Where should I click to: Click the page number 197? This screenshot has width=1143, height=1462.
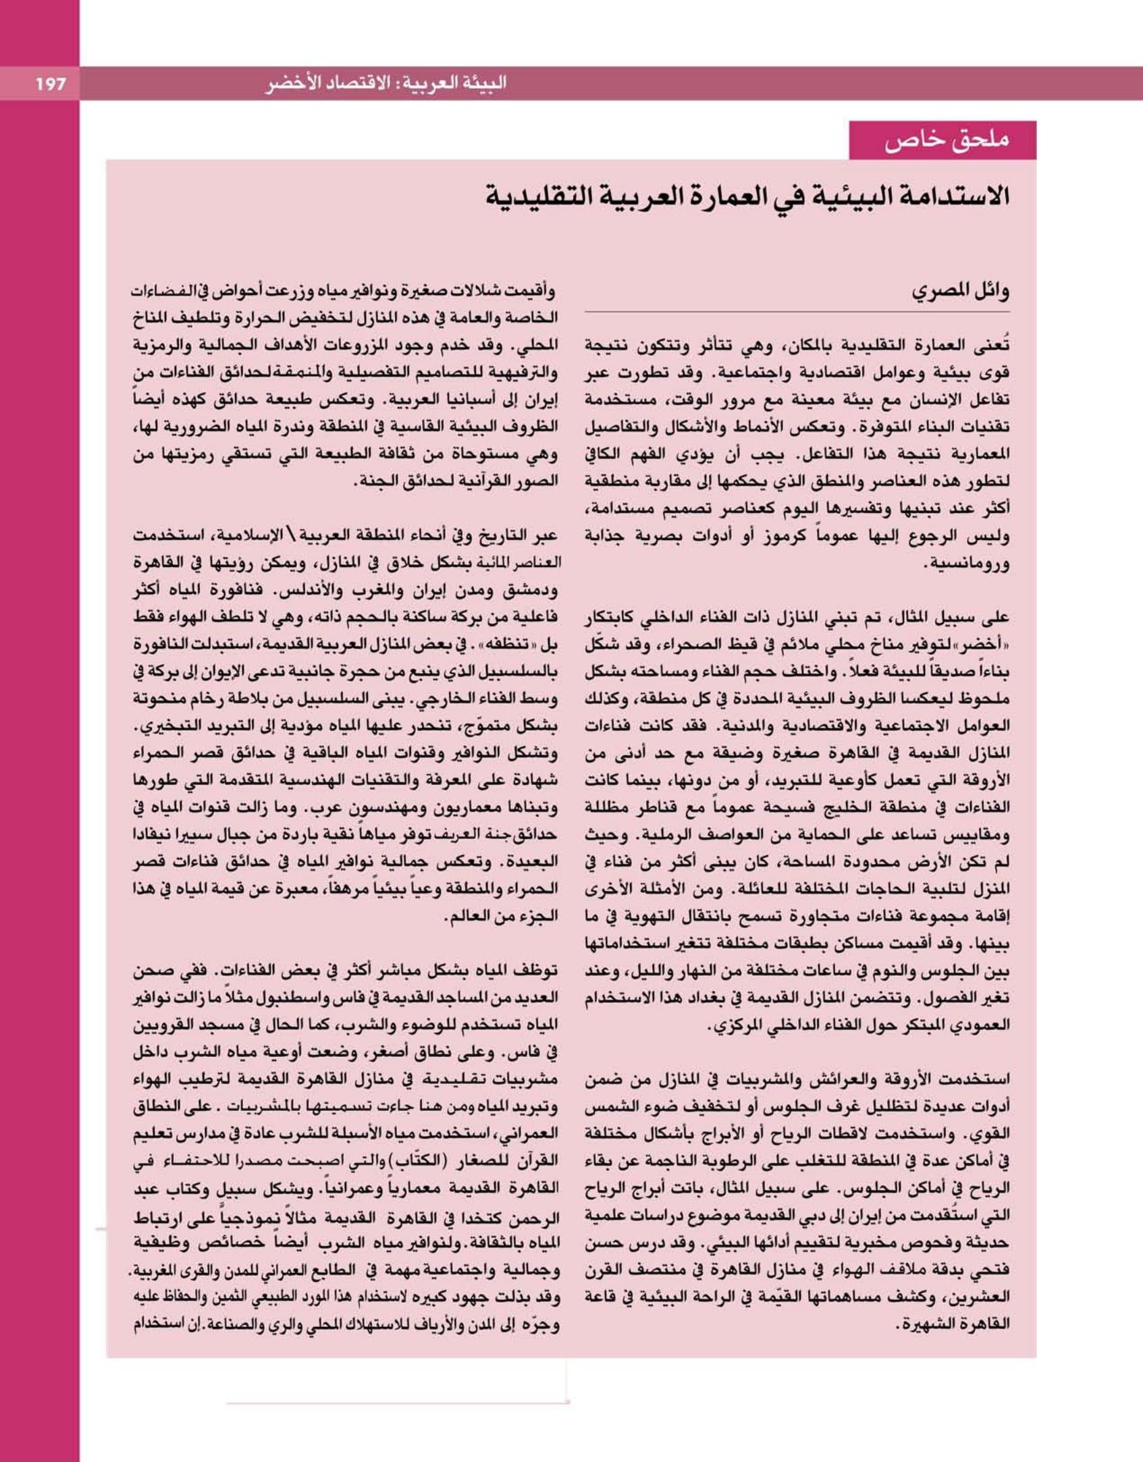point(51,84)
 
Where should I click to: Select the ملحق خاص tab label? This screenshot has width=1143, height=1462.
point(946,140)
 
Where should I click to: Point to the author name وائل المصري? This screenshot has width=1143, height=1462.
point(960,292)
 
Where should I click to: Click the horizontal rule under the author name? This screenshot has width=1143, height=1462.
point(797,312)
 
